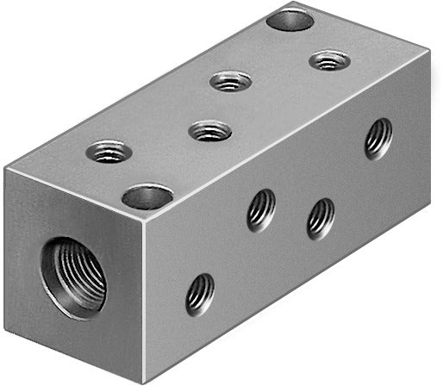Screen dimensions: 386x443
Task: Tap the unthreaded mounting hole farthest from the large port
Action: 290,17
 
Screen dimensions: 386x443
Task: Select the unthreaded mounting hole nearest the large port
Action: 147,196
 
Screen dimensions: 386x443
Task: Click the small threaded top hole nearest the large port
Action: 109,153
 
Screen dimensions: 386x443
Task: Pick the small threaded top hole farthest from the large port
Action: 329,61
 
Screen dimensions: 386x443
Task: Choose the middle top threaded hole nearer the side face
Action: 210,131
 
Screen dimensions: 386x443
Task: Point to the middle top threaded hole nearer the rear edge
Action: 230,82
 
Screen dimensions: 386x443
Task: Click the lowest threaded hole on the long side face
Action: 200,294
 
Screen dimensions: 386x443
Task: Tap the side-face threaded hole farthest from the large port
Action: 377,137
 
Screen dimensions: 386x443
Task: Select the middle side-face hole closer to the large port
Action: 261,210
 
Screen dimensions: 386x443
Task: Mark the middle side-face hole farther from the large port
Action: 321,219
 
